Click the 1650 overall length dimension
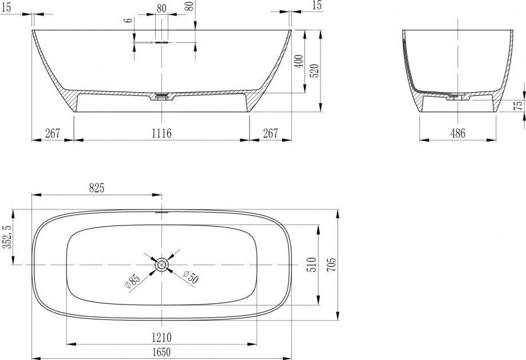[x=161, y=352]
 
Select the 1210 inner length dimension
[x=161, y=337]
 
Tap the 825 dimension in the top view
[x=97, y=188]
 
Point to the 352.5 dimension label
[x=7, y=236]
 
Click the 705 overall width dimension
[x=331, y=265]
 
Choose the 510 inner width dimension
[x=312, y=265]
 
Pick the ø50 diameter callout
[x=191, y=277]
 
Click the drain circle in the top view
[x=161, y=265]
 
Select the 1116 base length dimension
[x=161, y=133]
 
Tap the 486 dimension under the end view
[x=458, y=133]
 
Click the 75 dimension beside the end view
[x=519, y=105]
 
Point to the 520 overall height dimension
[x=315, y=71]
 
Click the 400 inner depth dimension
[x=299, y=61]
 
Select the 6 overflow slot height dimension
[x=128, y=20]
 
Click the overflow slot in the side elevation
[x=161, y=42]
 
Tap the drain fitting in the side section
[x=161, y=96]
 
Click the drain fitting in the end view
[x=455, y=96]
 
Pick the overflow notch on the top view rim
[x=161, y=212]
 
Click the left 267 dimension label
[x=53, y=133]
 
